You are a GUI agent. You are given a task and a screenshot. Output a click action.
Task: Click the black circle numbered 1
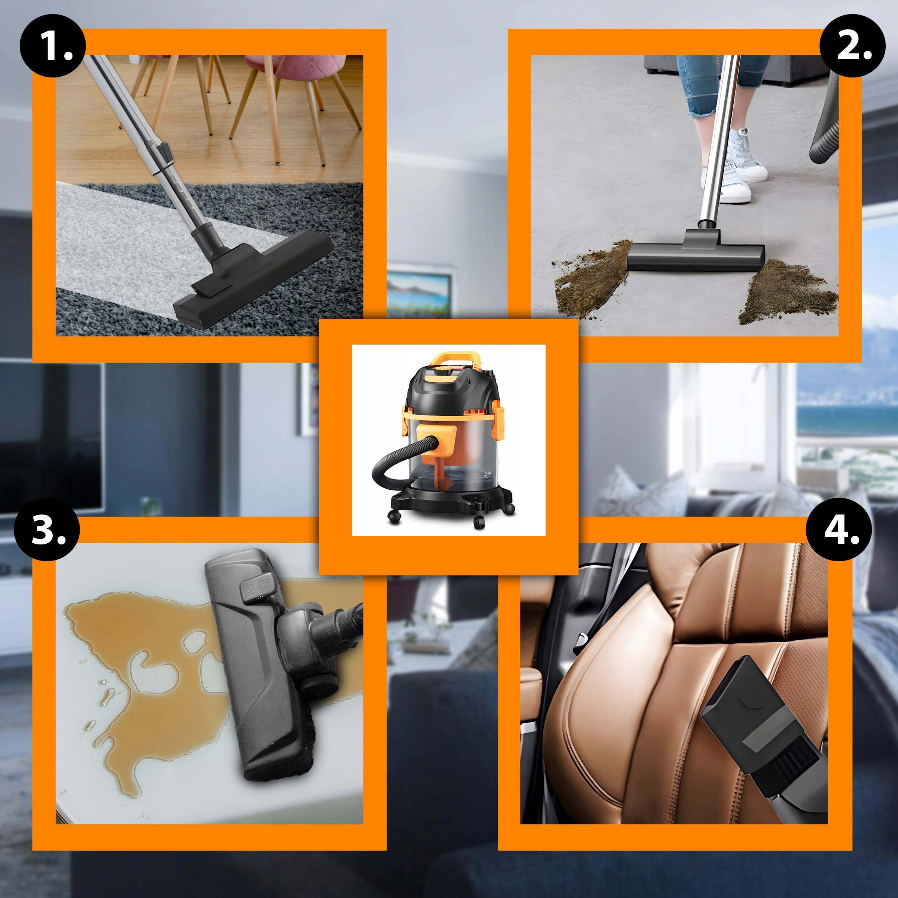tap(52, 46)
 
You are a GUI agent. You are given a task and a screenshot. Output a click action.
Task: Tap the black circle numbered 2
tap(852, 46)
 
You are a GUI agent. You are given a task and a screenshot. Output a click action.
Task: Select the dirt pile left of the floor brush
tap(593, 279)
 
